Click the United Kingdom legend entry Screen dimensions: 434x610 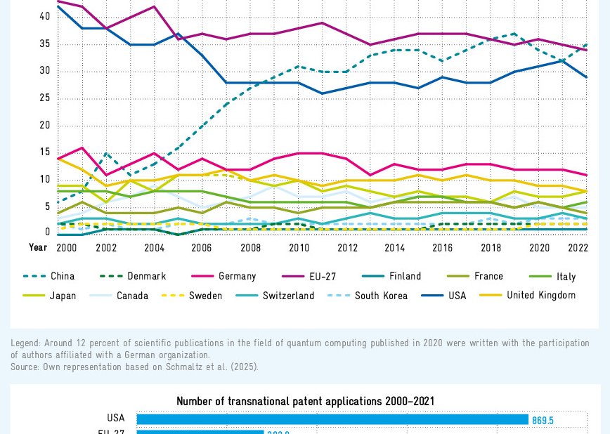click(x=540, y=296)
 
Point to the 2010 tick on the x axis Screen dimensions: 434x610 click(x=299, y=248)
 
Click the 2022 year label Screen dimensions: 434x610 click(x=578, y=248)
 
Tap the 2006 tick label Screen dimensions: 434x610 click(x=202, y=248)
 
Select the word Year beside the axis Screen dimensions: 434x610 click(x=38, y=248)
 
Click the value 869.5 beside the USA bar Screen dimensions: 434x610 click(x=543, y=421)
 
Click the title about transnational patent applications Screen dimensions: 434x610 click(x=305, y=402)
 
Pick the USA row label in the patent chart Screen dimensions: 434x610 click(x=116, y=419)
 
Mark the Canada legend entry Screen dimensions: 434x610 click(x=132, y=296)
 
